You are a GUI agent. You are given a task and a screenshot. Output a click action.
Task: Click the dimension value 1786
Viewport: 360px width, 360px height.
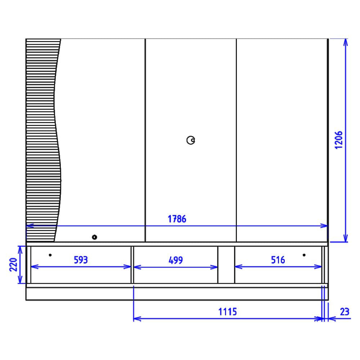[x=177, y=219]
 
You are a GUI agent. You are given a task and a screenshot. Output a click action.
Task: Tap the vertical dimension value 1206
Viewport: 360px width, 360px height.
[x=339, y=140]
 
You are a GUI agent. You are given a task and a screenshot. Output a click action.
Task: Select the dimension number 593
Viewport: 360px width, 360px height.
[x=81, y=260]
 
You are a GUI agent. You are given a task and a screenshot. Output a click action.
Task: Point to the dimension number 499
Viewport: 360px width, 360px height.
[x=176, y=260]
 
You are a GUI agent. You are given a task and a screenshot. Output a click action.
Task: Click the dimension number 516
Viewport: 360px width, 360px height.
[x=278, y=260]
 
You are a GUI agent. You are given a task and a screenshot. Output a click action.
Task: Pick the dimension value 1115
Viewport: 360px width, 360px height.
[x=228, y=312]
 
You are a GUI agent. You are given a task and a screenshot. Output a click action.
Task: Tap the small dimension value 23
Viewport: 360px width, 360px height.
[x=345, y=312]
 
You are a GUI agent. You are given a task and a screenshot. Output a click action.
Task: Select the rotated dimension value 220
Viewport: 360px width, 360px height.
[x=13, y=265]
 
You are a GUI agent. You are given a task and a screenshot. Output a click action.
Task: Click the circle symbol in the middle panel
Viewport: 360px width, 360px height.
[x=191, y=140]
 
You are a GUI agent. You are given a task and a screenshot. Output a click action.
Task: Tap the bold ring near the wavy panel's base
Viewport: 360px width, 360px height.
[x=94, y=237]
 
